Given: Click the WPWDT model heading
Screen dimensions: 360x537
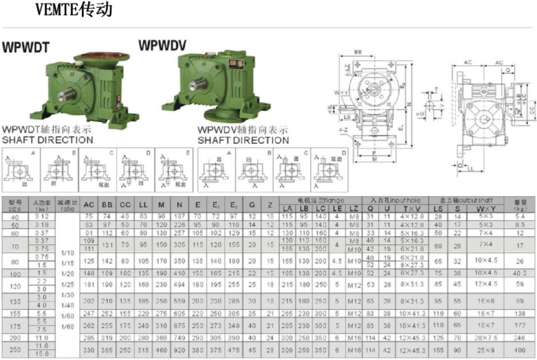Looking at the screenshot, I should click(26, 47).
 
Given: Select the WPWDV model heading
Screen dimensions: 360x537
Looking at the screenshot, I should click(162, 46).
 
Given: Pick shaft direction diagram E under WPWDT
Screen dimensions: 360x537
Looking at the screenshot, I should click(174, 170).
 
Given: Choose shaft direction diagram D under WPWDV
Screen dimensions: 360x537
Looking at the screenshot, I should click(329, 170).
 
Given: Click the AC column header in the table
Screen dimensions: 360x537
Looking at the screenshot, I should click(89, 205).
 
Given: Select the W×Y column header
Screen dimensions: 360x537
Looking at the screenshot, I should click(486, 208).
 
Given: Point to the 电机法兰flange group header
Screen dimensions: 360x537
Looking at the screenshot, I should click(321, 200).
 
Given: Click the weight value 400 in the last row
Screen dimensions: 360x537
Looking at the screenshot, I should click(520, 350).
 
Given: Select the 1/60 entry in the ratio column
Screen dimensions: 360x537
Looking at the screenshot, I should click(67, 327).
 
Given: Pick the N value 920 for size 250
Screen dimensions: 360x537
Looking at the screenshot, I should click(179, 350).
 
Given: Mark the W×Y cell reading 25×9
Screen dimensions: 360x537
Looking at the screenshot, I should click(486, 350).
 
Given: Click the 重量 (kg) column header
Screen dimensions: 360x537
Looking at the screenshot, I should click(520, 204).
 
